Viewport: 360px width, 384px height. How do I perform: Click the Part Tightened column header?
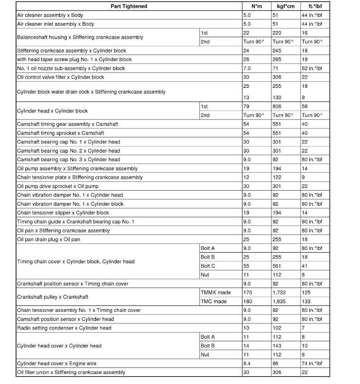(x=129, y=6)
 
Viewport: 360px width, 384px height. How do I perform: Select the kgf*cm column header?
(x=283, y=6)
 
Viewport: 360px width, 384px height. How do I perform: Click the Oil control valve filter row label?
(x=61, y=77)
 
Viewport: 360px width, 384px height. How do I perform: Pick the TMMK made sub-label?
(x=216, y=293)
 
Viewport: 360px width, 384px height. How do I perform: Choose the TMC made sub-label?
(x=214, y=301)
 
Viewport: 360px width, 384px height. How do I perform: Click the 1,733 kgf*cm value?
(x=280, y=293)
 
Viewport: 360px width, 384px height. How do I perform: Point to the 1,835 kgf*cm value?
(x=280, y=301)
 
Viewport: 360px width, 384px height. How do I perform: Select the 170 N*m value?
(x=247, y=293)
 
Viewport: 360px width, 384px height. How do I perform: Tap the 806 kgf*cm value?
(x=277, y=107)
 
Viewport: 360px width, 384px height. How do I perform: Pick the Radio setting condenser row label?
(x=64, y=328)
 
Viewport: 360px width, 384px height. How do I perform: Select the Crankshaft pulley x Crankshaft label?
(x=53, y=297)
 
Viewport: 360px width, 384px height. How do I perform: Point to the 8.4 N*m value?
(x=247, y=363)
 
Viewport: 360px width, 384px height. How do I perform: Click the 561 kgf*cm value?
(x=277, y=266)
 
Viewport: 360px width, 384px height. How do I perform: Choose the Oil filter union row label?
(x=71, y=372)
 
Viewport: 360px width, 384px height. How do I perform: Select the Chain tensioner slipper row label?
(x=63, y=213)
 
